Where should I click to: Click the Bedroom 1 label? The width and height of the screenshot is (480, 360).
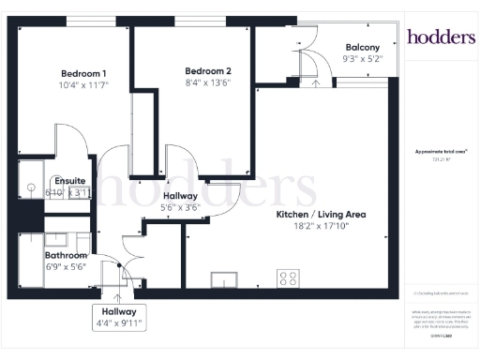tap(83, 74)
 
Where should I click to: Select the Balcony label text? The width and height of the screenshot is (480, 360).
tap(362, 48)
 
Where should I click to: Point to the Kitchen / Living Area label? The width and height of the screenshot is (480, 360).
tap(320, 215)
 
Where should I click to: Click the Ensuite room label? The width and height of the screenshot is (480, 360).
tap(69, 181)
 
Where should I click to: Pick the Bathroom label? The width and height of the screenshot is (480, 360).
tap(66, 255)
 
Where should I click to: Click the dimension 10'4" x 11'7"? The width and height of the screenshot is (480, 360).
tap(83, 85)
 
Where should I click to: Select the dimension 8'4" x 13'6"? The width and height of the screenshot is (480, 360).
tap(207, 83)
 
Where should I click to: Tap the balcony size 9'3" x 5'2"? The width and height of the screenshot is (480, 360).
tap(362, 59)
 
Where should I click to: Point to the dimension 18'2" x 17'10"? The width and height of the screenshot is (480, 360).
tap(320, 226)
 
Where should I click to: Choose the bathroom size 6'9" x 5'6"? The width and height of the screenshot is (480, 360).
tap(66, 266)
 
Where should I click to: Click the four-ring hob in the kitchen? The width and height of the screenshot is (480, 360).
tap(288, 277)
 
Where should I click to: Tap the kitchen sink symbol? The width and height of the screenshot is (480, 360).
tap(226, 278)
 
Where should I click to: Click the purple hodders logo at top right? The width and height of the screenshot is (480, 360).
tap(441, 37)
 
